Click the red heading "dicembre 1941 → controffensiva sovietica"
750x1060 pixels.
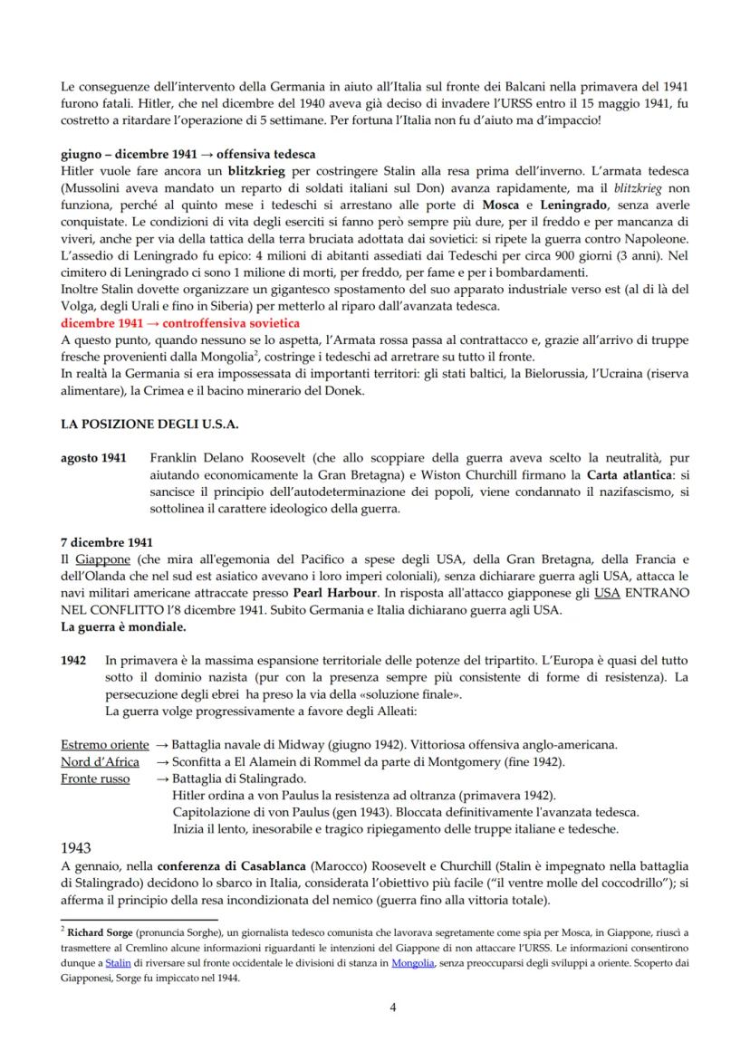pos(180,323)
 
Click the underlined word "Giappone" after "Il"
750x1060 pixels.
pos(98,559)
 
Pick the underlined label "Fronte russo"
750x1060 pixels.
pos(96,778)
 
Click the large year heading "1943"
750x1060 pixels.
pos(81,851)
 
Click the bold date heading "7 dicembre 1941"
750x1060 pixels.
pos(107,543)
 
